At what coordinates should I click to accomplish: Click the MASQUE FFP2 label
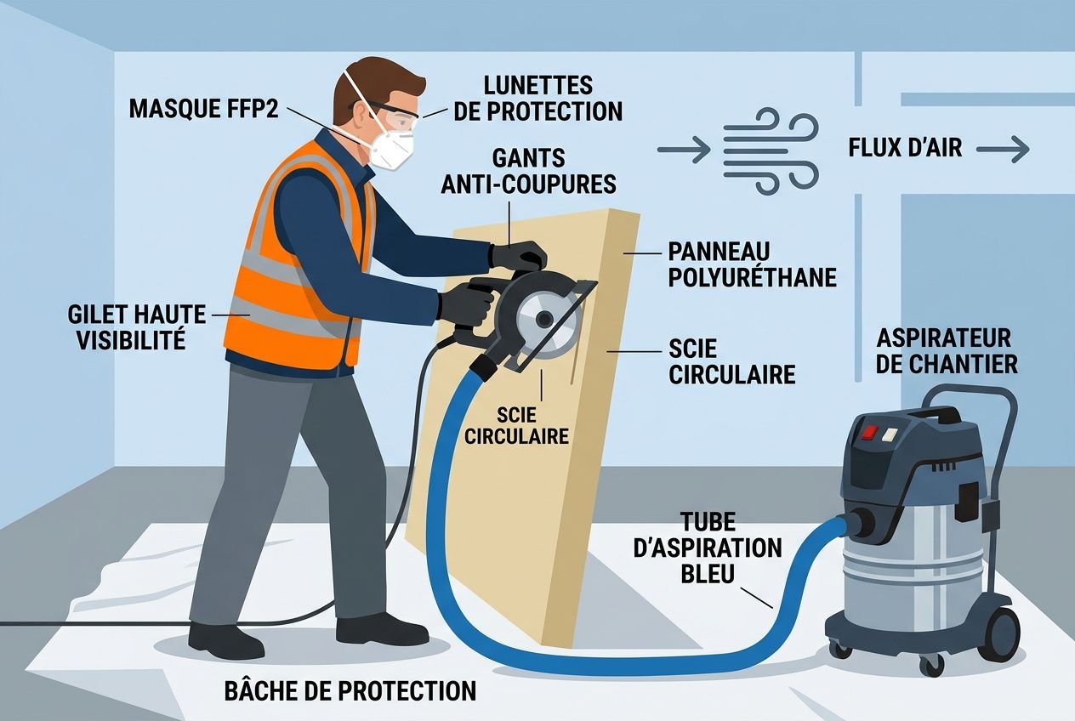tap(204, 109)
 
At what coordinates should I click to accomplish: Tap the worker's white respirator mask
tap(393, 147)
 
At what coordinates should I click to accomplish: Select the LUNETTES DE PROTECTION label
tap(537, 98)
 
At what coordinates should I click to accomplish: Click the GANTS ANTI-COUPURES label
tap(528, 171)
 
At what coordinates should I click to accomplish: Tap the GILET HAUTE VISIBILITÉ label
tap(136, 327)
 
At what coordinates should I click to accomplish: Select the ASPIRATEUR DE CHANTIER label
tap(947, 350)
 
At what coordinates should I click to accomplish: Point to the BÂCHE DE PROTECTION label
tap(350, 690)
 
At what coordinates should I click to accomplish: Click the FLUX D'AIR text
tap(905, 148)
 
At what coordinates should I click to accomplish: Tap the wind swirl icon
tap(771, 148)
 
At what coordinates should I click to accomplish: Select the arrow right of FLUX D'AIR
tap(1003, 150)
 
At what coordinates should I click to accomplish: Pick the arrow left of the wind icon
tap(683, 150)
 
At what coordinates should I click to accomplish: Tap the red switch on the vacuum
tap(869, 431)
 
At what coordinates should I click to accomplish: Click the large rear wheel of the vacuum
tap(1003, 634)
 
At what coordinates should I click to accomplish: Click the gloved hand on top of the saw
tap(520, 255)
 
